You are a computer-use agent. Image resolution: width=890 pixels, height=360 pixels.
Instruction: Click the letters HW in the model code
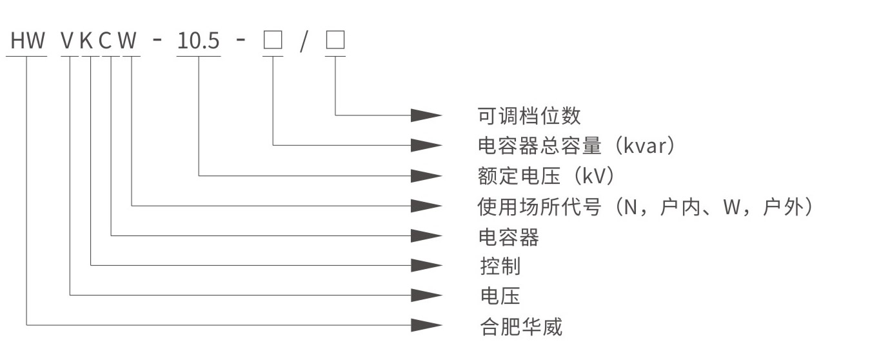tap(28, 42)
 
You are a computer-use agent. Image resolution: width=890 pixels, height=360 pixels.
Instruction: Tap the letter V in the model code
tap(68, 42)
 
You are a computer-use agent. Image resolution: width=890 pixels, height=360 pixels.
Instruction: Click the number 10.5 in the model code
tap(199, 42)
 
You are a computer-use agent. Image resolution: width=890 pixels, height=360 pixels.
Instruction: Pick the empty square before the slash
tap(273, 41)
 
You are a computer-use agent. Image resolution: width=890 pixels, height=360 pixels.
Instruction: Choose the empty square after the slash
tap(335, 41)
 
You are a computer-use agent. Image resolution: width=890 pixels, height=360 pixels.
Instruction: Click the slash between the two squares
tap(304, 42)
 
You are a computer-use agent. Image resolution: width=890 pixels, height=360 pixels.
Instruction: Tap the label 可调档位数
tap(529, 116)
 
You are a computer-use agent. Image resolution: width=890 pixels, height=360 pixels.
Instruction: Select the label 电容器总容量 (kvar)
tap(577, 146)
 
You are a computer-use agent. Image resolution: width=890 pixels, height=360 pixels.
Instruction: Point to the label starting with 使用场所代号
tap(645, 206)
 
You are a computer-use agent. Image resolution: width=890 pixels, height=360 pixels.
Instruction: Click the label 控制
tap(500, 266)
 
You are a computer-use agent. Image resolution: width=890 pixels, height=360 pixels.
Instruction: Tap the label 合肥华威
tap(521, 326)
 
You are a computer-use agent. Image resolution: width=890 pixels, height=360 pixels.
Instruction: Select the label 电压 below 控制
tap(500, 296)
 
